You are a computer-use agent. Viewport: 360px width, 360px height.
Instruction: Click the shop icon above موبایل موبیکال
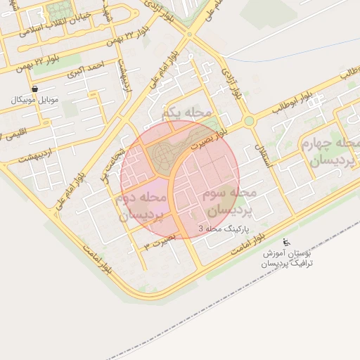coord(34,89)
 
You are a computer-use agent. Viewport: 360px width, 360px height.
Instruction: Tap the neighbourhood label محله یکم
coord(186,112)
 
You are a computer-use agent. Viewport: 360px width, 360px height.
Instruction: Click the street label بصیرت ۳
coord(158,243)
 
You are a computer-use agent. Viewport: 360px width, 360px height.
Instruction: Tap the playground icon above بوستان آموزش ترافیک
coord(285,241)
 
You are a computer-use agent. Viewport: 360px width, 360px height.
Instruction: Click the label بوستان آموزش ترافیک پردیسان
coord(287,257)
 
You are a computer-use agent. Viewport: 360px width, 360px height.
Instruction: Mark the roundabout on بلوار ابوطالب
coord(249,121)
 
